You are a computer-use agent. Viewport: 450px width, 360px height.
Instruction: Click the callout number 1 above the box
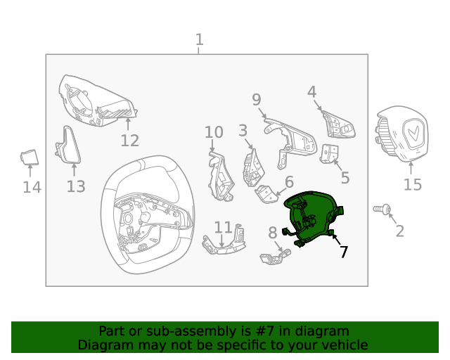click(200, 39)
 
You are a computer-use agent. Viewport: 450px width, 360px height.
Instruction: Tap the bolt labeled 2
click(382, 210)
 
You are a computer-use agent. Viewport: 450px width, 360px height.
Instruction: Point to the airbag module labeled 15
click(401, 134)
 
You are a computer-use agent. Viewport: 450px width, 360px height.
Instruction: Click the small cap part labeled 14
click(30, 157)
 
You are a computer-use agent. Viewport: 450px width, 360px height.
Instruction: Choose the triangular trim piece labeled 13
click(68, 145)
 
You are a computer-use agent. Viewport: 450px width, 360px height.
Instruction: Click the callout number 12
click(129, 141)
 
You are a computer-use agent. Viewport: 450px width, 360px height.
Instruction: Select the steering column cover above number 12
click(96, 101)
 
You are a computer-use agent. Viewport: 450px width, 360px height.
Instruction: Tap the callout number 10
click(214, 132)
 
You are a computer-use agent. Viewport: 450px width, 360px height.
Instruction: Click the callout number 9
click(257, 100)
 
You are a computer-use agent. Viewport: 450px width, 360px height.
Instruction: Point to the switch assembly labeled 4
click(338, 124)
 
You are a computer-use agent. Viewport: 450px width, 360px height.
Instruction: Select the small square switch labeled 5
click(329, 154)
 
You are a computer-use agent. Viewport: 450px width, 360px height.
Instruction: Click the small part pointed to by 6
click(266, 194)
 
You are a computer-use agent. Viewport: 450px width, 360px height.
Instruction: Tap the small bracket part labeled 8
click(275, 257)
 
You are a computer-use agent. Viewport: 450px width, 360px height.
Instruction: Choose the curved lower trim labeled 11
click(224, 240)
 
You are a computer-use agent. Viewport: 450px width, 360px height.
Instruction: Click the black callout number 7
click(344, 252)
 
